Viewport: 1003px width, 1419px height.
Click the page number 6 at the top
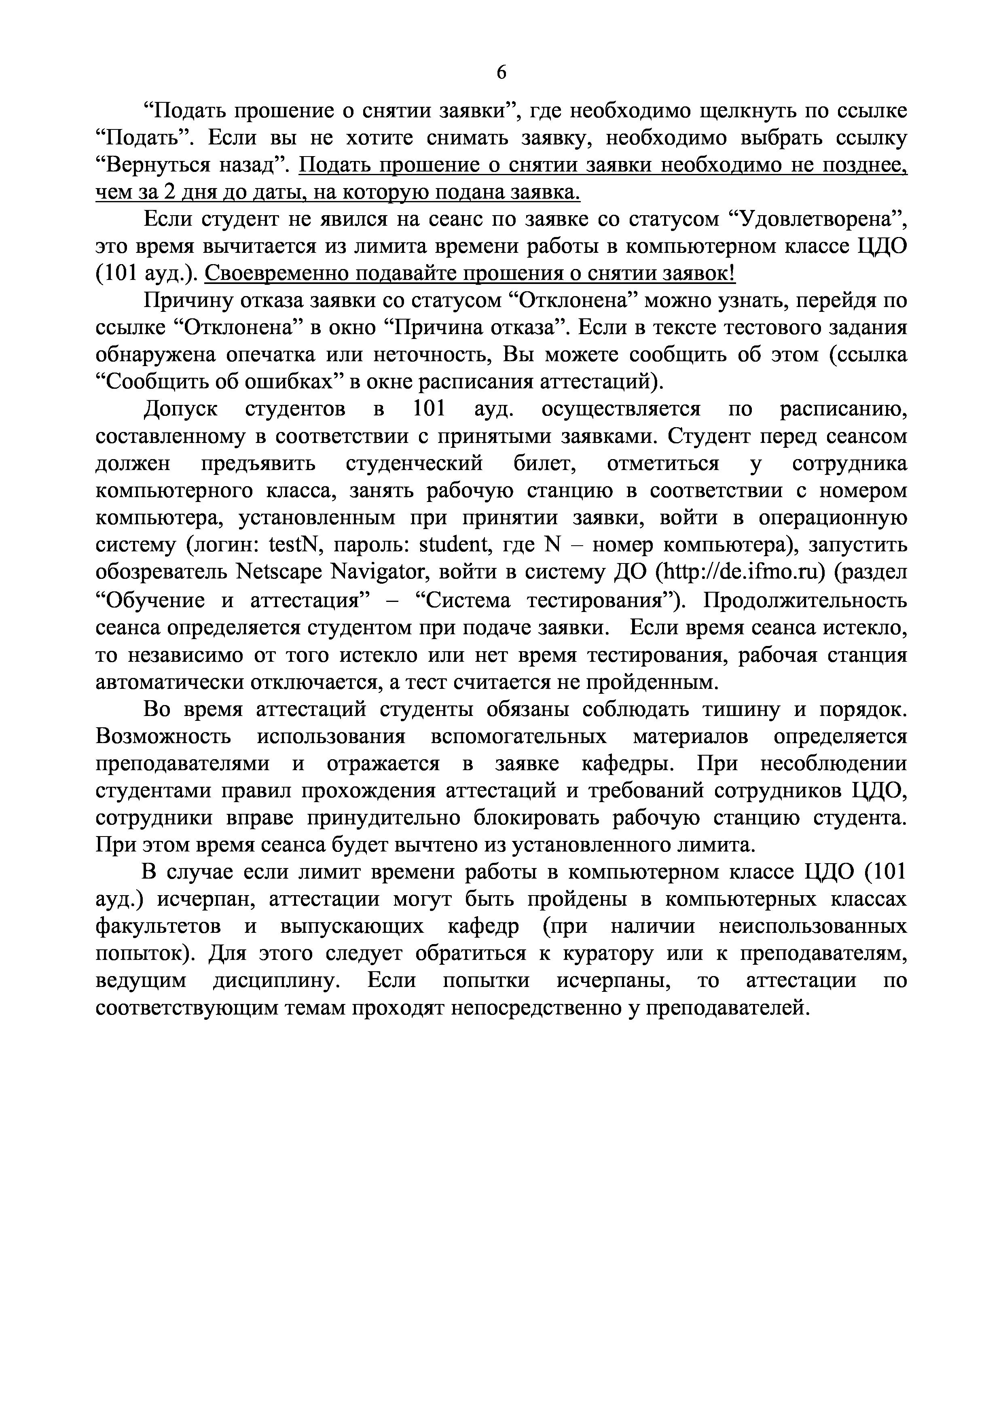[501, 73]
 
